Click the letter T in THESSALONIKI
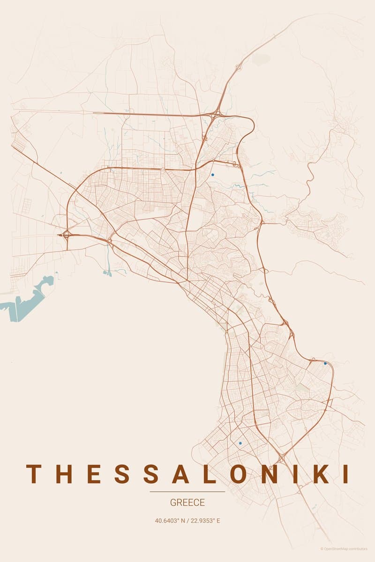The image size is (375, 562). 33,474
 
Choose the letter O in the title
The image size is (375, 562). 240,474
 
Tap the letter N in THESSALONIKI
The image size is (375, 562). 271,474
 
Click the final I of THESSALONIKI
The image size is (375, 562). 346,474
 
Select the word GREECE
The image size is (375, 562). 187,503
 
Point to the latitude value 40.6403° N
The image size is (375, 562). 170,520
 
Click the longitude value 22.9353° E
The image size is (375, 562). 205,520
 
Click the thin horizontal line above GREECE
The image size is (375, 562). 187,492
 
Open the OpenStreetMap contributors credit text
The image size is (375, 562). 345,549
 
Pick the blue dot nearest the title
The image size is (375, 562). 240,443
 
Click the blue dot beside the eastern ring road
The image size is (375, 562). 325,363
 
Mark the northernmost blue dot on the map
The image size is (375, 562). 212,175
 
